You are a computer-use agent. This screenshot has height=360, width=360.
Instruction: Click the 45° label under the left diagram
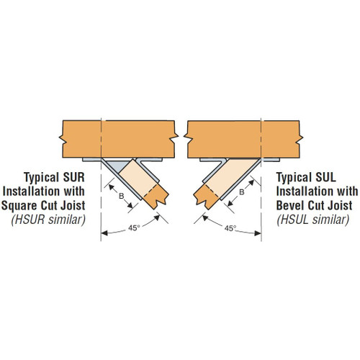[134, 228]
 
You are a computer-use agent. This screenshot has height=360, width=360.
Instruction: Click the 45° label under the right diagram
[230, 228]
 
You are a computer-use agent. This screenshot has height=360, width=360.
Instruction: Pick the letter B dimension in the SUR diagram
[122, 197]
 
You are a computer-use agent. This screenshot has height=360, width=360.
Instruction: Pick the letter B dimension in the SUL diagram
[242, 192]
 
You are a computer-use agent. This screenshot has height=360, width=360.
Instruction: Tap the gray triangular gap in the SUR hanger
[117, 166]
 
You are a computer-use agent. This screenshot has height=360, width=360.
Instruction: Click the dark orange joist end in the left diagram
[156, 197]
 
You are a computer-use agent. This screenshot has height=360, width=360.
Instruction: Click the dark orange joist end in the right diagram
[207, 197]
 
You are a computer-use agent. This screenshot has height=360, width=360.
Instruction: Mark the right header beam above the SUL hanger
[243, 139]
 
